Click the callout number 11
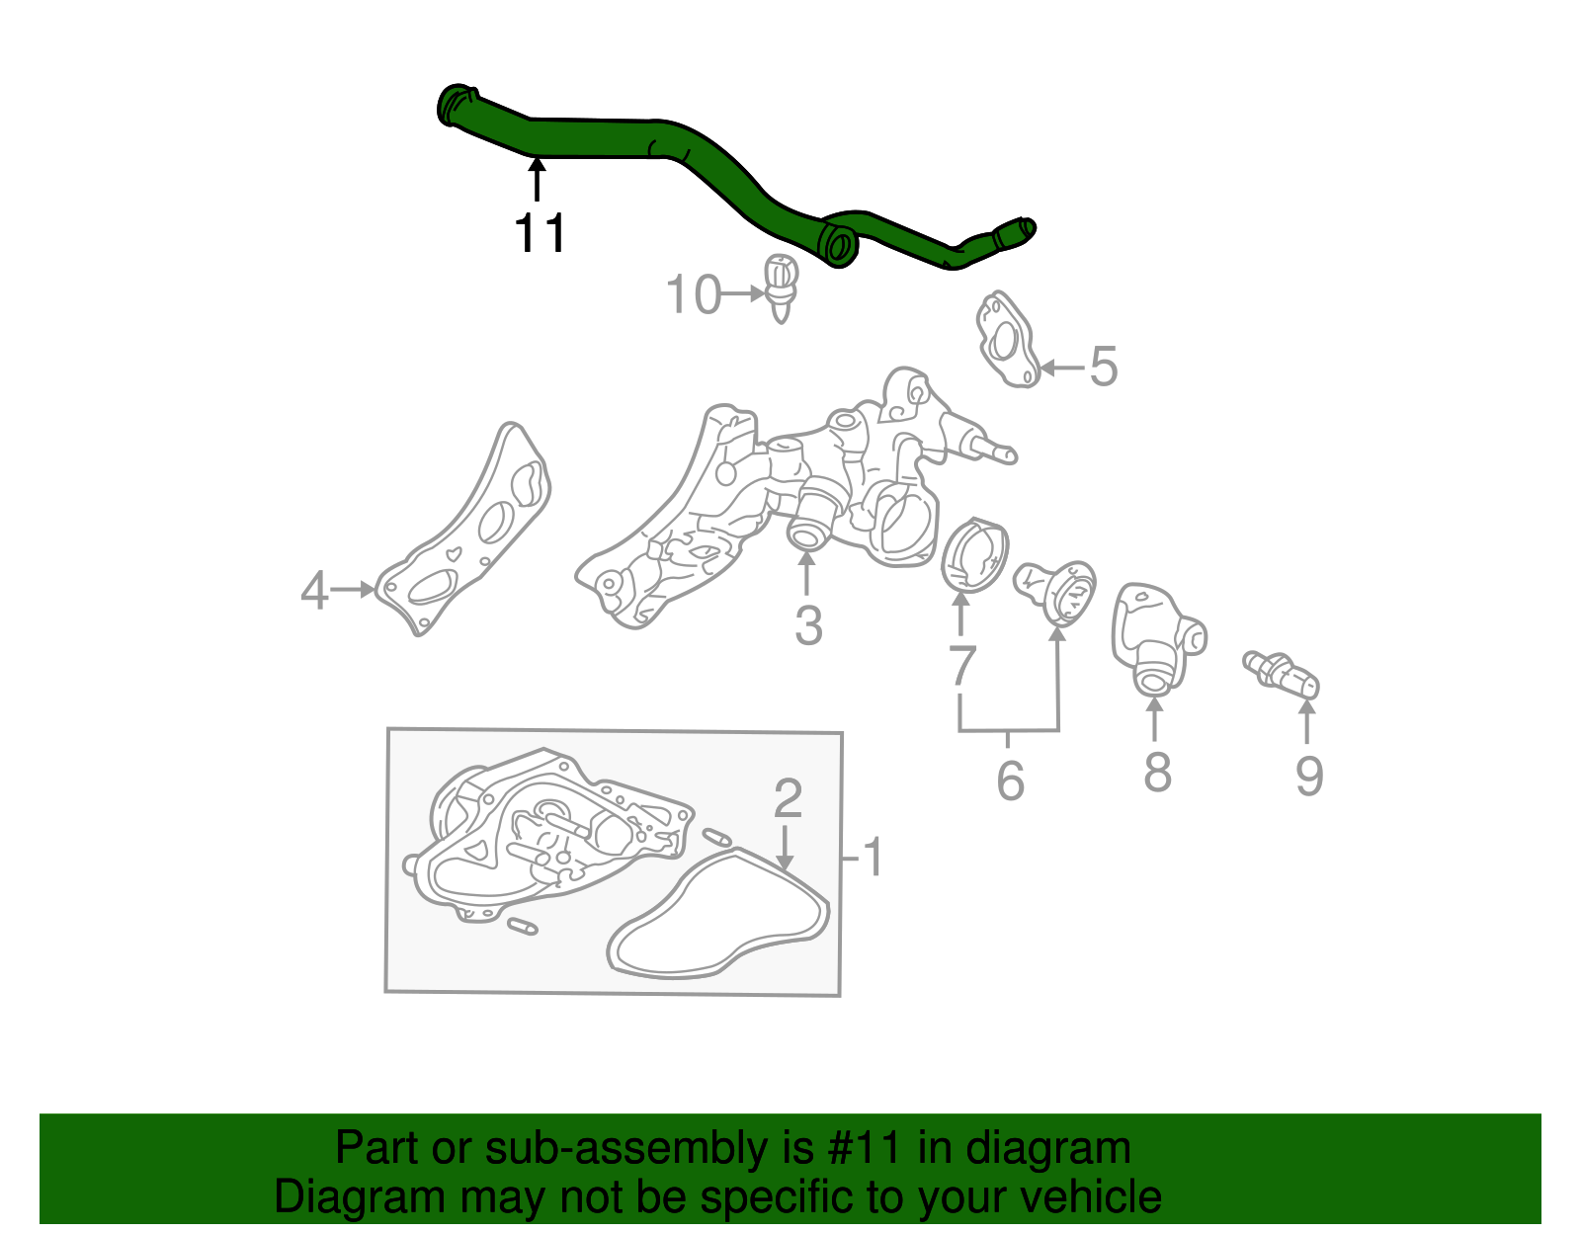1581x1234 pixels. pyautogui.click(x=540, y=234)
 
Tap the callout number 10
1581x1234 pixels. pyautogui.click(x=693, y=294)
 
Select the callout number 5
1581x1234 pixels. pyautogui.click(x=1103, y=367)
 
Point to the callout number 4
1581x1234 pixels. pyautogui.click(x=314, y=591)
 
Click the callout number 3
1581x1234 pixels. pyautogui.click(x=808, y=625)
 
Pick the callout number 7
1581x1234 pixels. pyautogui.click(x=961, y=666)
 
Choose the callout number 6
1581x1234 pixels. pyautogui.click(x=1010, y=781)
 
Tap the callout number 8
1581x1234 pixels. pyautogui.click(x=1157, y=772)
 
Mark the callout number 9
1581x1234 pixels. pyautogui.click(x=1309, y=776)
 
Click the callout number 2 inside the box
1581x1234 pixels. pyautogui.click(x=788, y=798)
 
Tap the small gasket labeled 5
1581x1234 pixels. pyautogui.click(x=1006, y=340)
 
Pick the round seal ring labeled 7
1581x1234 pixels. pyautogui.click(x=973, y=556)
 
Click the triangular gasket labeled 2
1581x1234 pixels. pyautogui.click(x=718, y=915)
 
